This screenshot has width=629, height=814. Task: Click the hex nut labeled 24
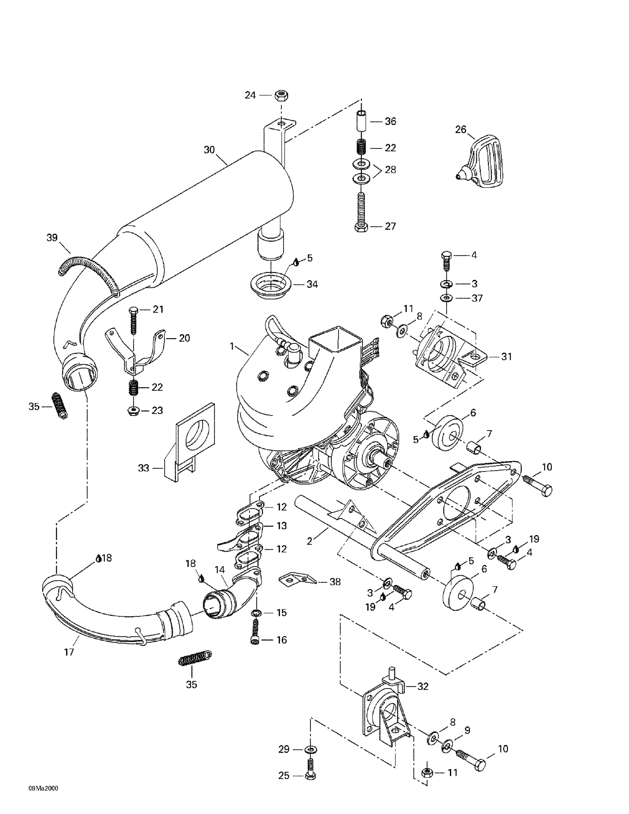pos(280,96)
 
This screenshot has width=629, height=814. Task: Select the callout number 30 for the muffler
pos(209,150)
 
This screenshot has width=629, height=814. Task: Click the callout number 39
pos(52,237)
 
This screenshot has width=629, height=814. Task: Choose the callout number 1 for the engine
pos(232,346)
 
